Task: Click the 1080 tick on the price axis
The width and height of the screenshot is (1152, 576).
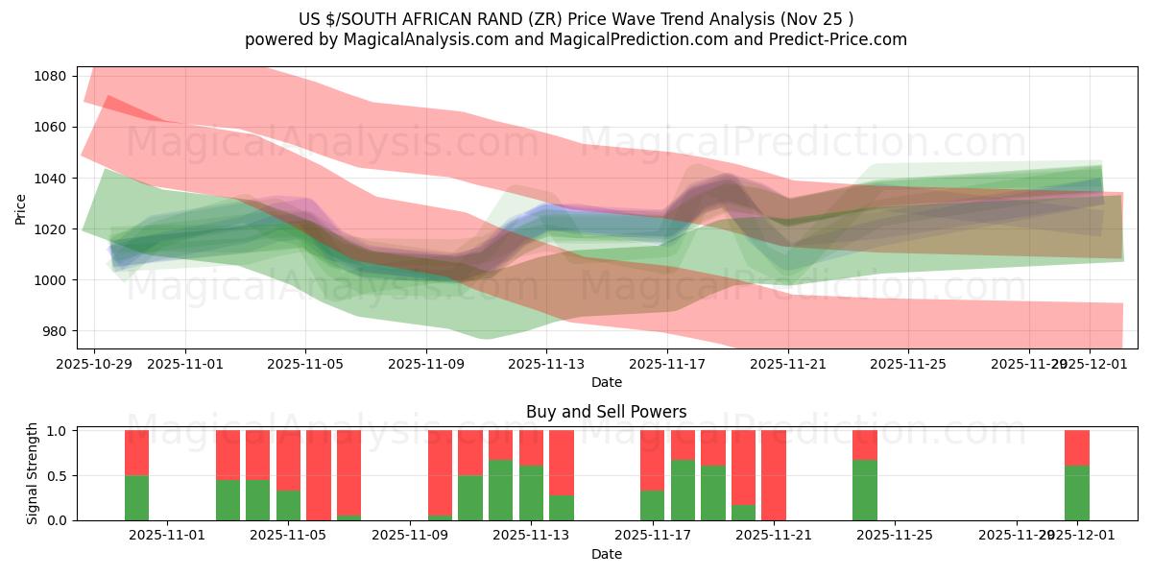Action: [51, 76]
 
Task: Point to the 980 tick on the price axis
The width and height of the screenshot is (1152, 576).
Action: [54, 331]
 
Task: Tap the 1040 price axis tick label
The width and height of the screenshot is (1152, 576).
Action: [51, 179]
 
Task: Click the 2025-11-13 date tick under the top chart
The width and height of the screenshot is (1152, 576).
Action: [546, 364]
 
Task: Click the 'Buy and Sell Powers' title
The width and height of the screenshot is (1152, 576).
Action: [606, 412]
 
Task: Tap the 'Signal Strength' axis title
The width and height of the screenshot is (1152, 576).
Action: [33, 474]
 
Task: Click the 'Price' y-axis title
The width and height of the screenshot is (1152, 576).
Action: [21, 207]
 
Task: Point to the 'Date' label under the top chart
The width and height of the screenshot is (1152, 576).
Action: [606, 382]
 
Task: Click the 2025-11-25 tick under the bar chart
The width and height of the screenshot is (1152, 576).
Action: [895, 536]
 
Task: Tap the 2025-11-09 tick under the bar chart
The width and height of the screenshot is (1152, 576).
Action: [410, 536]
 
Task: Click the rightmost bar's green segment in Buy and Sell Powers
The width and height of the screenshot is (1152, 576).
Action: [1077, 492]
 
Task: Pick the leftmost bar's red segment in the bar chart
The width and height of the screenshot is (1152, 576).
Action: [136, 452]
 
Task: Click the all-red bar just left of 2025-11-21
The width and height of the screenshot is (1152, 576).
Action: [774, 475]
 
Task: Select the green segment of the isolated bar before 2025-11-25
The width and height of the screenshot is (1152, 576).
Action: [864, 490]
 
